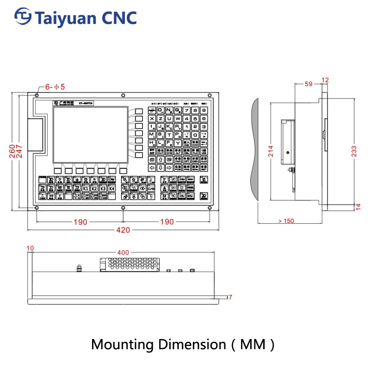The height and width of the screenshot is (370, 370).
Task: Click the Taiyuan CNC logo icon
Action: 23,17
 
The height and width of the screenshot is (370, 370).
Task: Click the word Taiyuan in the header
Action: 64,18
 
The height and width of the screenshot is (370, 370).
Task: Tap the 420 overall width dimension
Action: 123,230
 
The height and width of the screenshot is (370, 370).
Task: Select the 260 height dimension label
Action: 12,150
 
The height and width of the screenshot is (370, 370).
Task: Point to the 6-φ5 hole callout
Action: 55,86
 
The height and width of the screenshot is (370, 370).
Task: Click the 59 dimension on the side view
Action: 309,84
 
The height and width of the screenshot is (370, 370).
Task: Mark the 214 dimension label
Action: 271,151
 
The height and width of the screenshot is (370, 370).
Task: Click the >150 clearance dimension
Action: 286,221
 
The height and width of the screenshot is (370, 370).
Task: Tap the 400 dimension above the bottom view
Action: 123,253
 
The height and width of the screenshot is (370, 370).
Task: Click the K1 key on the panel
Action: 86,188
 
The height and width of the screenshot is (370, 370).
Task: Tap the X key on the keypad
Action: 152,119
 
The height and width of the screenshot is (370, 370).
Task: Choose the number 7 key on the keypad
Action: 186,111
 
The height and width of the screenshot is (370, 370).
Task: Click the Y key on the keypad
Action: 178,143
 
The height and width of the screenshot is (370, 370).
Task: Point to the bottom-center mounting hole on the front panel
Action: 123,207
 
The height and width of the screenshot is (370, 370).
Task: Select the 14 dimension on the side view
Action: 358,206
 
